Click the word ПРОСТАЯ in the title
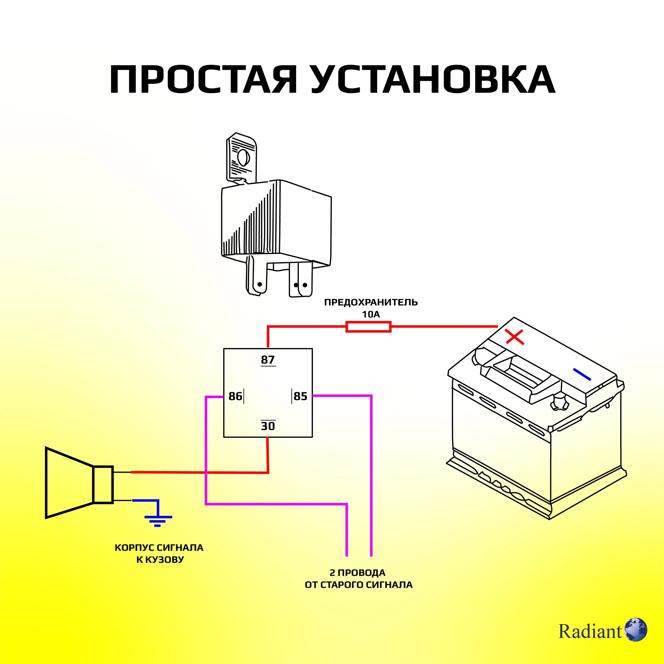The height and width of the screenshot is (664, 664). tap(203, 79)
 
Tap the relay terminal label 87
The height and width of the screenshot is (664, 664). tap(268, 360)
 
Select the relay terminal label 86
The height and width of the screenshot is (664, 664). tap(235, 396)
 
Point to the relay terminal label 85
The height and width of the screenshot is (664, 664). tap(300, 396)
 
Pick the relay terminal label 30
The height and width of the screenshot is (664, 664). tap(268, 426)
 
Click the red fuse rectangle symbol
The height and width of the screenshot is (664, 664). tap(368, 327)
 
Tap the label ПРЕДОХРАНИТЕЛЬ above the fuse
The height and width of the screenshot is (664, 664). tap(371, 303)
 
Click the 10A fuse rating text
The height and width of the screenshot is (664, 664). tap(371, 314)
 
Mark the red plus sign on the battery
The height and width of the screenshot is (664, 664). tap(514, 337)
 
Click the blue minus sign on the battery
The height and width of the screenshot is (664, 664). tap(582, 374)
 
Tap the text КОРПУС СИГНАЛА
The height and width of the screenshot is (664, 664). tap(159, 548)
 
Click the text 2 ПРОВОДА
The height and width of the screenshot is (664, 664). tap(357, 573)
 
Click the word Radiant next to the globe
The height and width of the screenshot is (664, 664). tap(590, 631)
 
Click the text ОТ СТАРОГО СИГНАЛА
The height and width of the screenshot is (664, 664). tap(359, 585)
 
